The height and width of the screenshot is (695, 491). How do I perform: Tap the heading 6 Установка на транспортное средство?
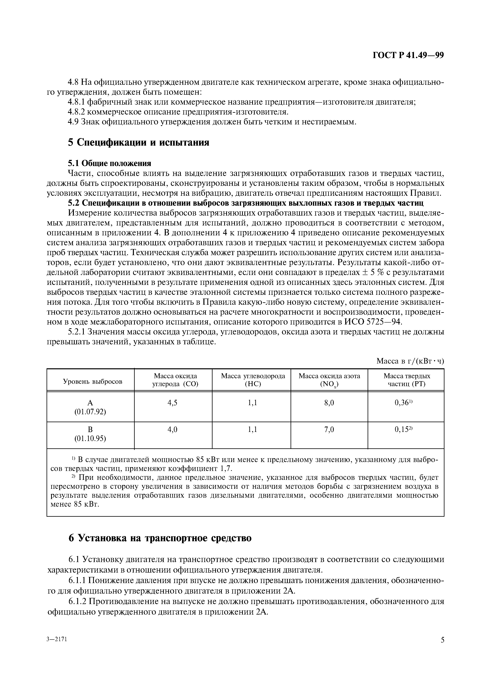[160, 538]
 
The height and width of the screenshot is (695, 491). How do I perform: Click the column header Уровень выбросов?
[92, 381]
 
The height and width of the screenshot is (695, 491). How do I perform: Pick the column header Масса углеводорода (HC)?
[253, 380]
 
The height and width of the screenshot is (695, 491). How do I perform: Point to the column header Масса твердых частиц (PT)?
[407, 380]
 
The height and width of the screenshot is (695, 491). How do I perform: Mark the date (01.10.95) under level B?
[90, 439]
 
